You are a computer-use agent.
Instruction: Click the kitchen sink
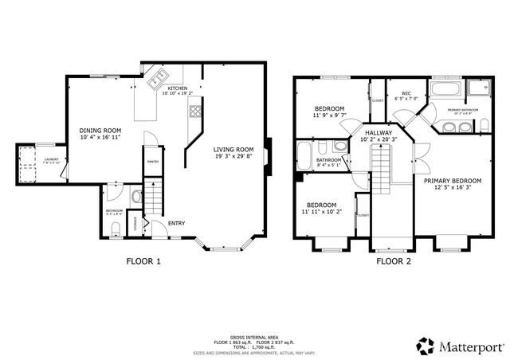[156, 78]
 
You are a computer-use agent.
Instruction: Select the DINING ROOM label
[100, 131]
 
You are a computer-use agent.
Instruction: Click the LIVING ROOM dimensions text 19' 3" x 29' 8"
[233, 157]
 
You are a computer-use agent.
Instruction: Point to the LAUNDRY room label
[51, 159]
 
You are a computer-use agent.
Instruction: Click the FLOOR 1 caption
[143, 260]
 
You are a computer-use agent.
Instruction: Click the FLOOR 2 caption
[394, 260]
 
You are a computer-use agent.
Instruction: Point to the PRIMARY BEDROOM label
[452, 181]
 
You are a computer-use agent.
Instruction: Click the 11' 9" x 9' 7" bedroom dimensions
[328, 115]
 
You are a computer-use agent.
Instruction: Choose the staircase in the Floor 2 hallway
[384, 171]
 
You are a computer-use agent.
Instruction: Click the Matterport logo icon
[426, 345]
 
